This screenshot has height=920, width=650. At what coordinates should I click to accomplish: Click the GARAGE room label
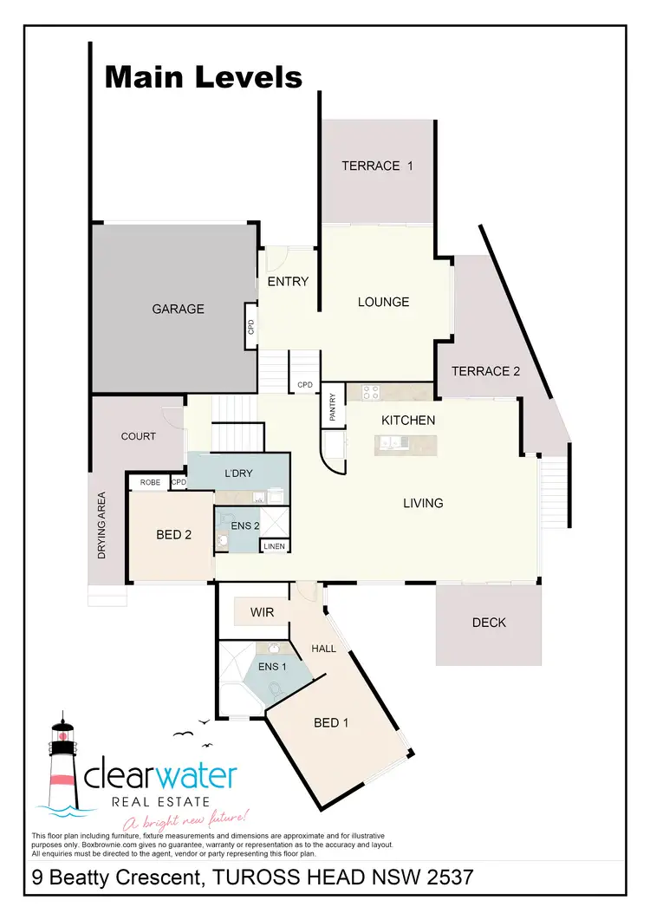pyautogui.click(x=179, y=309)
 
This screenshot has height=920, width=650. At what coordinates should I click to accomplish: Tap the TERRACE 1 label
pyautogui.click(x=376, y=166)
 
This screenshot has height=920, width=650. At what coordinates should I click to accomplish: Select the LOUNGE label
pyautogui.click(x=384, y=302)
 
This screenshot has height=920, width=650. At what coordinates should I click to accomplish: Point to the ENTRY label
pyautogui.click(x=288, y=281)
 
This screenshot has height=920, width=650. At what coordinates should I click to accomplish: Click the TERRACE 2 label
pyautogui.click(x=486, y=371)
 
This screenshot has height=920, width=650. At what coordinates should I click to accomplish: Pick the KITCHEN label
pyautogui.click(x=408, y=421)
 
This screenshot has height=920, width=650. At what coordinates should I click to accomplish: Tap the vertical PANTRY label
pyautogui.click(x=333, y=406)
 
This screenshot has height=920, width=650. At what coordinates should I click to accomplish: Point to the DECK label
pyautogui.click(x=490, y=623)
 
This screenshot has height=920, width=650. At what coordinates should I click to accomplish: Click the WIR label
pyautogui.click(x=262, y=613)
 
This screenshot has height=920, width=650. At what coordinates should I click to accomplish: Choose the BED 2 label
pyautogui.click(x=174, y=535)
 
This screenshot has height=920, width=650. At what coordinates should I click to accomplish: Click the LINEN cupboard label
pyautogui.click(x=273, y=546)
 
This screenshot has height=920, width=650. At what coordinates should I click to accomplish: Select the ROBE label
pyautogui.click(x=149, y=482)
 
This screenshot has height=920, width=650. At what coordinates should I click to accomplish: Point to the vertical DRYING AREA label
pyautogui.click(x=101, y=525)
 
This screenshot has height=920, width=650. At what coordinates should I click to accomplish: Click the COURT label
pyautogui.click(x=139, y=436)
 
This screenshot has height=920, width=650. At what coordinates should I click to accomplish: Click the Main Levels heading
pyautogui.click(x=203, y=77)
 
